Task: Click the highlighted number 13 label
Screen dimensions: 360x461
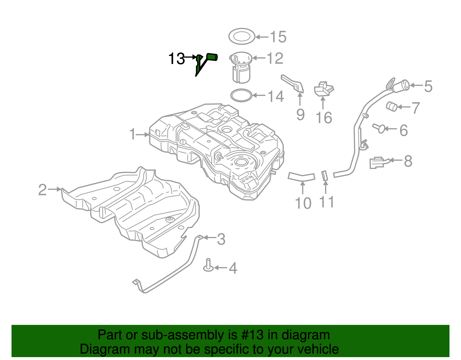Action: click(176, 59)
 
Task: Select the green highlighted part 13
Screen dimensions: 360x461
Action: click(212, 57)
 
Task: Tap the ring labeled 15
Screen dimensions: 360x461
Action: click(242, 36)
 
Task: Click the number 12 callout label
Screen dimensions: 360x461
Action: click(275, 59)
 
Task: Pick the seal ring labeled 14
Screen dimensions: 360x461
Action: click(241, 95)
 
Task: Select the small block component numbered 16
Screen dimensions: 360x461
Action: click(323, 89)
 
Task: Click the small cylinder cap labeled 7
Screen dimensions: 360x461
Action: click(392, 106)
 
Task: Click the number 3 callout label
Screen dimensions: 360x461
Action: click(221, 239)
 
